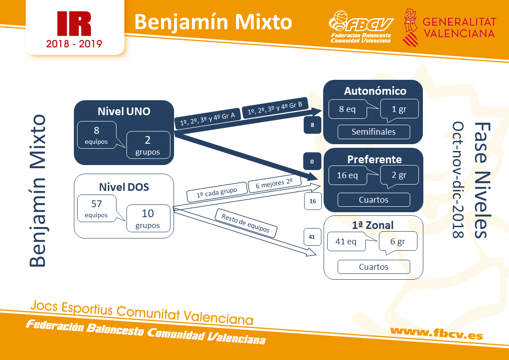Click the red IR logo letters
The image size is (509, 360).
coord(74,24)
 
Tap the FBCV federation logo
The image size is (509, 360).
coord(361,27)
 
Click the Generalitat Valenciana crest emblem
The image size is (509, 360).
coord(410,27)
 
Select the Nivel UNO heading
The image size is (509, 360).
coord(124,112)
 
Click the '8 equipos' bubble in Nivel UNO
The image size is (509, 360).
coord(97,135)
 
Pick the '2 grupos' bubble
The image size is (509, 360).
coord(148,145)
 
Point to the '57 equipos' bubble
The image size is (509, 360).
coord(97,209)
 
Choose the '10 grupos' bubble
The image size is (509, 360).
coord(148,218)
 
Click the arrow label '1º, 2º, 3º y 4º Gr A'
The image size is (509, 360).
coord(208,119)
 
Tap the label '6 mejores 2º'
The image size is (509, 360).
coord(275,184)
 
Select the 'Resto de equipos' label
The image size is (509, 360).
coord(246,223)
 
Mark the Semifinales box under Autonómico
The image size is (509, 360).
coord(373,132)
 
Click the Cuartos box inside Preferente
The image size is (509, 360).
coord(373,199)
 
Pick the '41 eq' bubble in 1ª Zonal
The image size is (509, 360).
coord(346,242)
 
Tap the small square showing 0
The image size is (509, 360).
coord(312,161)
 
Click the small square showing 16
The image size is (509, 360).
coord(313,201)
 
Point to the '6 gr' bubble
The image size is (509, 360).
coord(398,242)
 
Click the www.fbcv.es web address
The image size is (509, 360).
coord(436,333)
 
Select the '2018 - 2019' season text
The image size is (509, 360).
coord(74,44)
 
